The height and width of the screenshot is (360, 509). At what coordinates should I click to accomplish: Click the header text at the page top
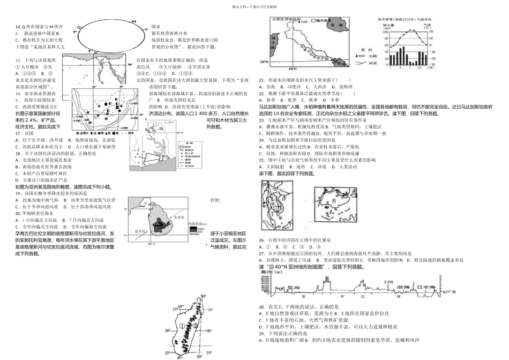point(254,6)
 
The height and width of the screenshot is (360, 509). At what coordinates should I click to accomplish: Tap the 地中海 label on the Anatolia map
point(273,41)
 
